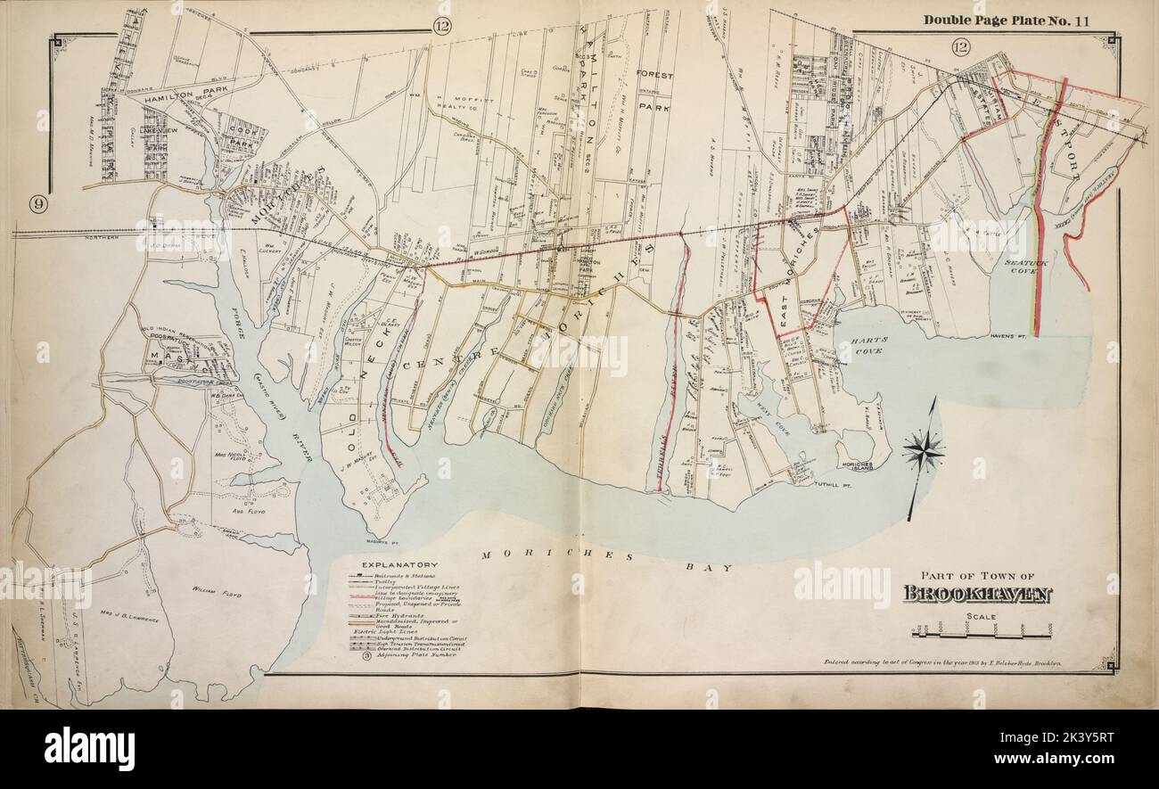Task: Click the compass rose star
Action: tap(923, 451)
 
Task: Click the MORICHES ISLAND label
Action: tap(859, 467)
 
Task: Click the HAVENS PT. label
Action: tap(1010, 336)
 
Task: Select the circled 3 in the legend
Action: tap(366, 658)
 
